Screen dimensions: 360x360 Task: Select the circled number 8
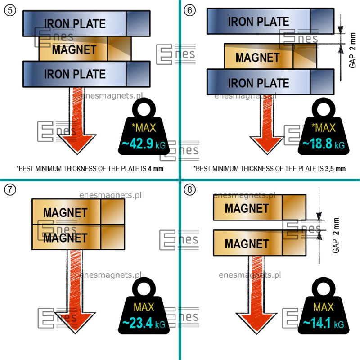[x=190, y=189]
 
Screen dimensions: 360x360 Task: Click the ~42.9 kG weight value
[x=144, y=144]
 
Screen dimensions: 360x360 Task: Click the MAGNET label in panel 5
[x=74, y=49]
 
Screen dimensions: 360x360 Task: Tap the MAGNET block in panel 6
[x=257, y=57]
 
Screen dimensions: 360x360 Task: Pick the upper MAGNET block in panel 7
[x=65, y=211]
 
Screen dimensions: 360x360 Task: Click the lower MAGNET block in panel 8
[x=247, y=244]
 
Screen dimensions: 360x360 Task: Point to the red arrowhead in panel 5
[x=76, y=144]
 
